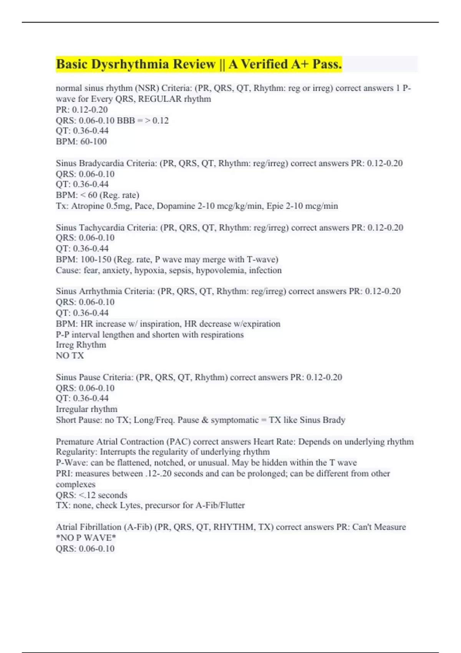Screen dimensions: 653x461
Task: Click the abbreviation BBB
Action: pyautogui.click(x=126, y=120)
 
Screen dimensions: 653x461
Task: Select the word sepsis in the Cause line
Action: pyautogui.click(x=182, y=270)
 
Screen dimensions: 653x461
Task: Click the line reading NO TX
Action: pyautogui.click(x=70, y=356)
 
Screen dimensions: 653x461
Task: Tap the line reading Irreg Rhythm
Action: pyautogui.click(x=81, y=345)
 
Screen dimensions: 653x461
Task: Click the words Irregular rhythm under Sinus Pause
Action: pyautogui.click(x=87, y=409)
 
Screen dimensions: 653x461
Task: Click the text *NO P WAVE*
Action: pyautogui.click(x=86, y=538)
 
